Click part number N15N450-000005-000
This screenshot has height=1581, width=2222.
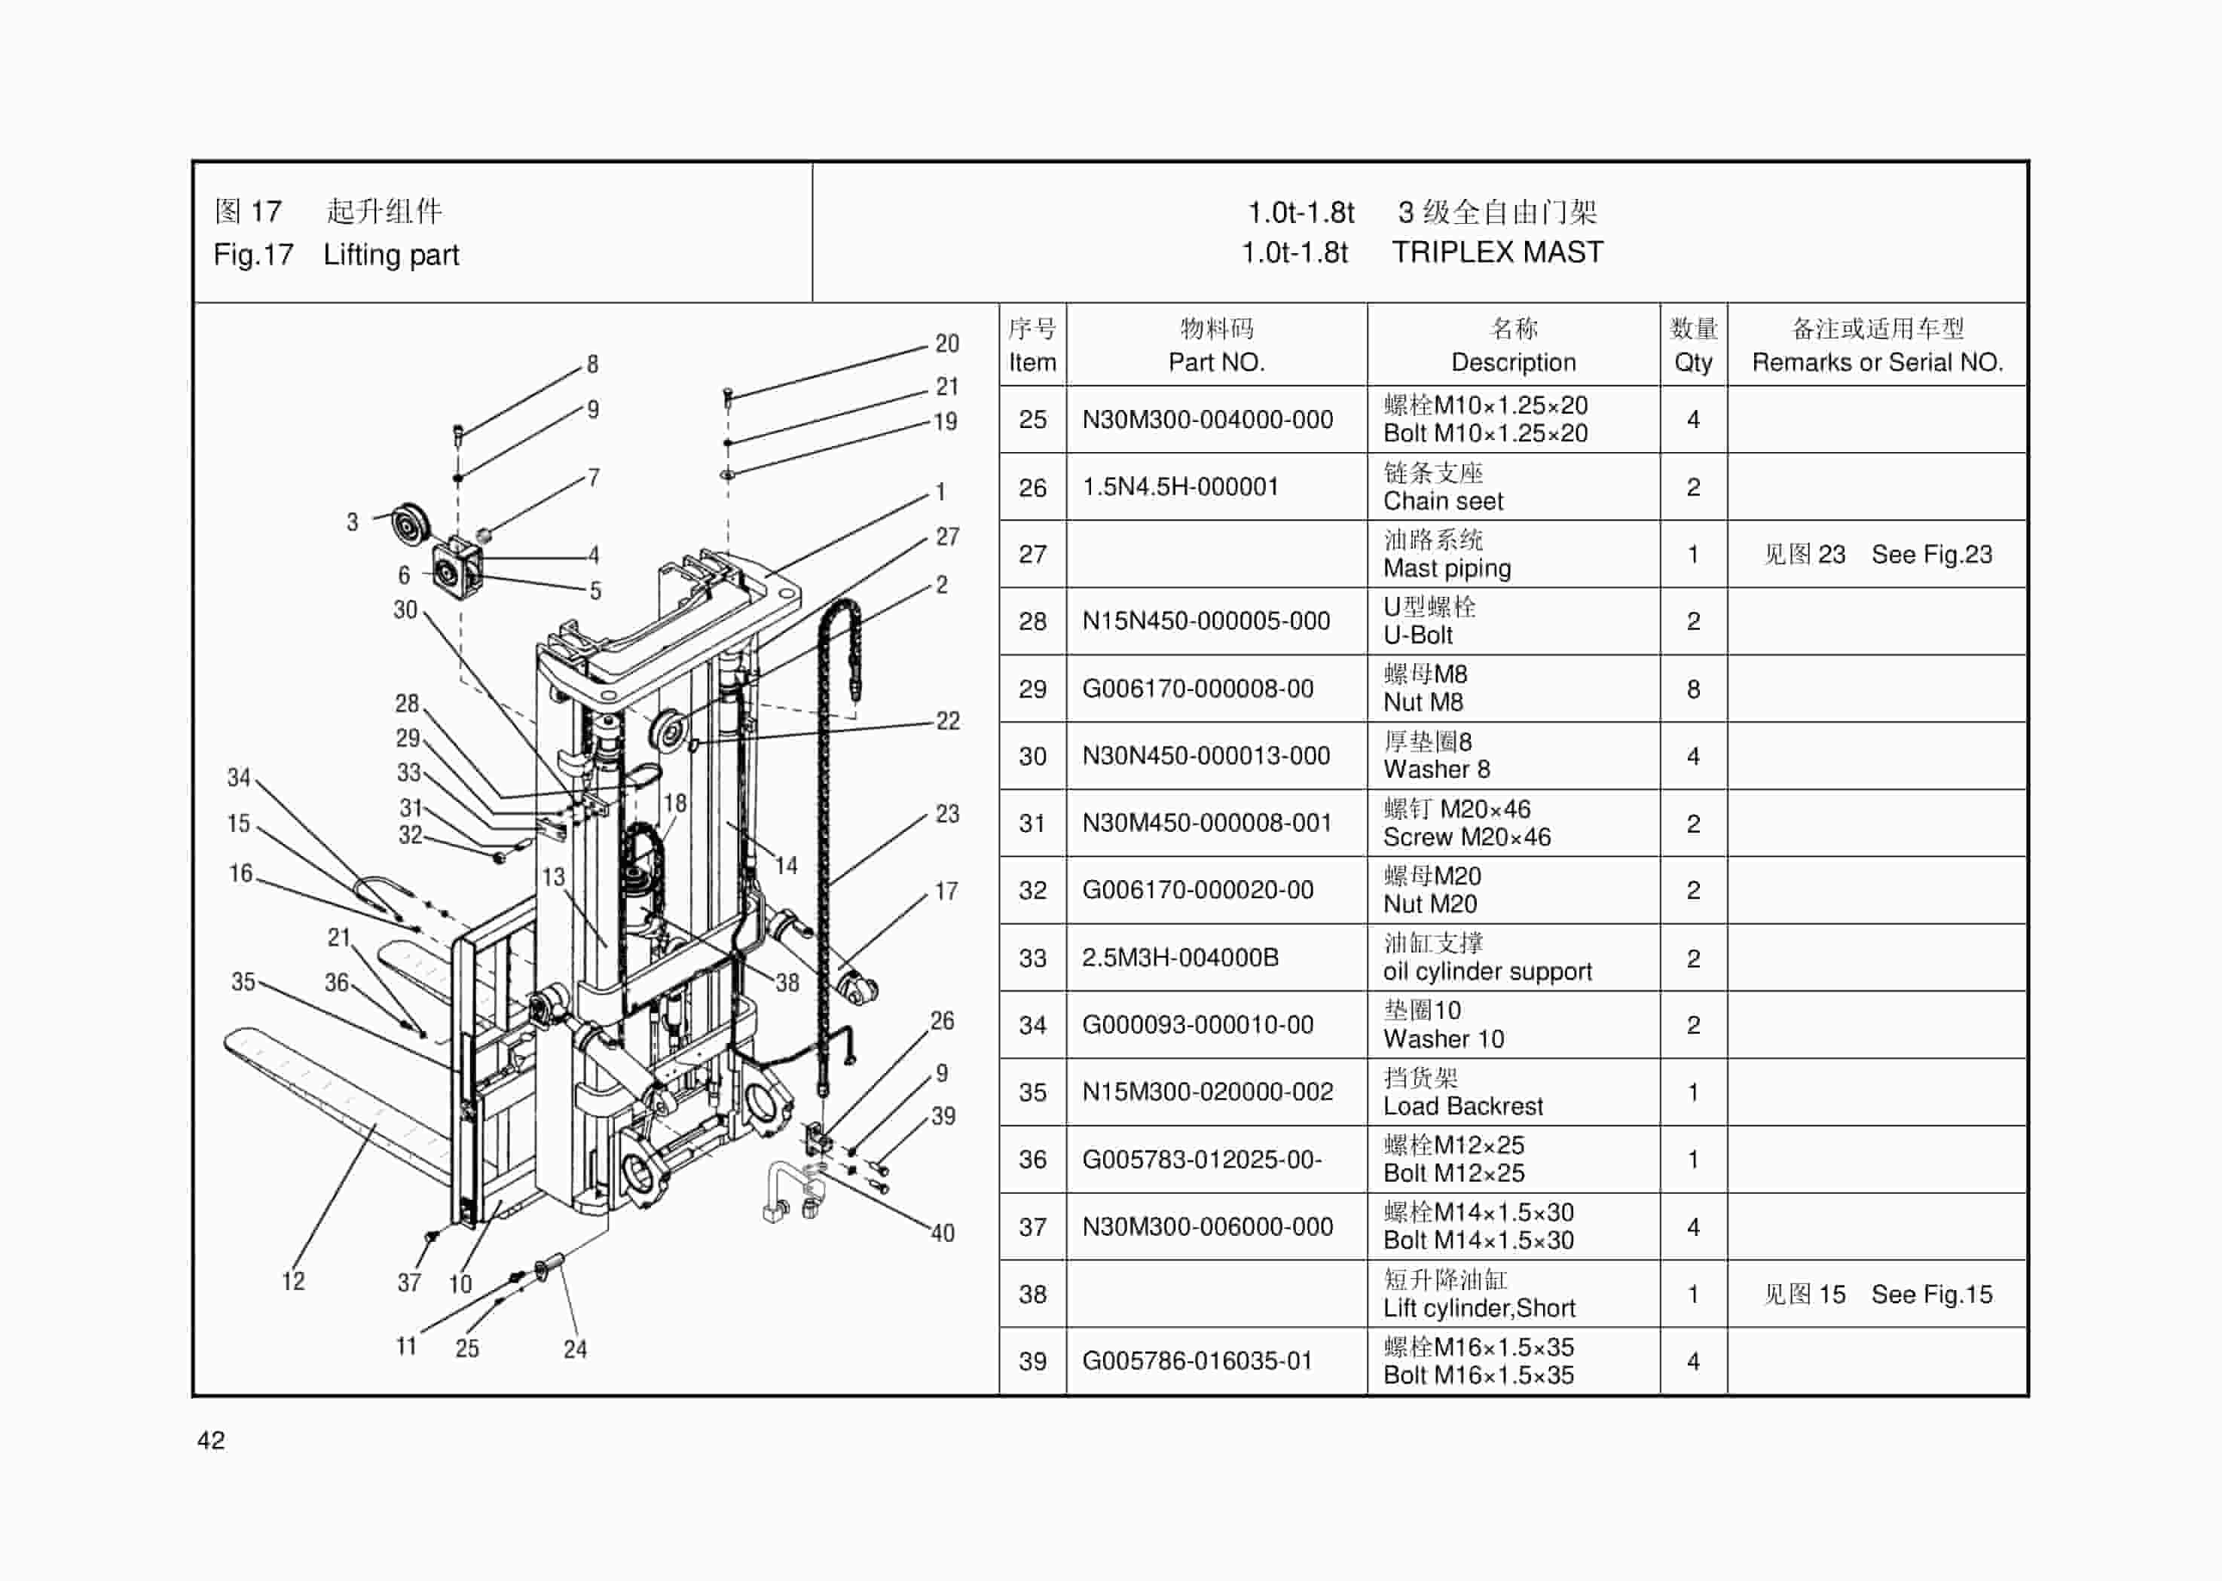point(1205,621)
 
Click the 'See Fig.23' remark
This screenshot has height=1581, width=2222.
point(1931,555)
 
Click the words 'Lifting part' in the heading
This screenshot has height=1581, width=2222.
point(390,255)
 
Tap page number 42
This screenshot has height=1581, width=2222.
point(210,1440)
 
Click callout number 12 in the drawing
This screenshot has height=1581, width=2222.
point(293,1281)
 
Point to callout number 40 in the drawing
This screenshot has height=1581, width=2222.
point(942,1234)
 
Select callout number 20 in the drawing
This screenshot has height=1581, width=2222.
point(946,344)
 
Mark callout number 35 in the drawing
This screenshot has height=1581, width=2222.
point(243,981)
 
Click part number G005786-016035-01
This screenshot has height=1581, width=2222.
point(1197,1361)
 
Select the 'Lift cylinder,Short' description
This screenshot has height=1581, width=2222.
point(1478,1308)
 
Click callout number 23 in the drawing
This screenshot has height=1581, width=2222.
point(947,814)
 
